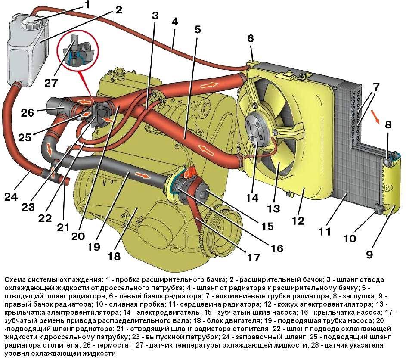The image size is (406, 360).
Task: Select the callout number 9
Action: (x=369, y=254)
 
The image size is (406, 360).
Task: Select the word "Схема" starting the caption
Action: (x=14, y=279)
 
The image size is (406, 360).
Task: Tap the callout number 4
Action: (x=174, y=22)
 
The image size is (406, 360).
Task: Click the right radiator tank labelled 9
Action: (x=390, y=185)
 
